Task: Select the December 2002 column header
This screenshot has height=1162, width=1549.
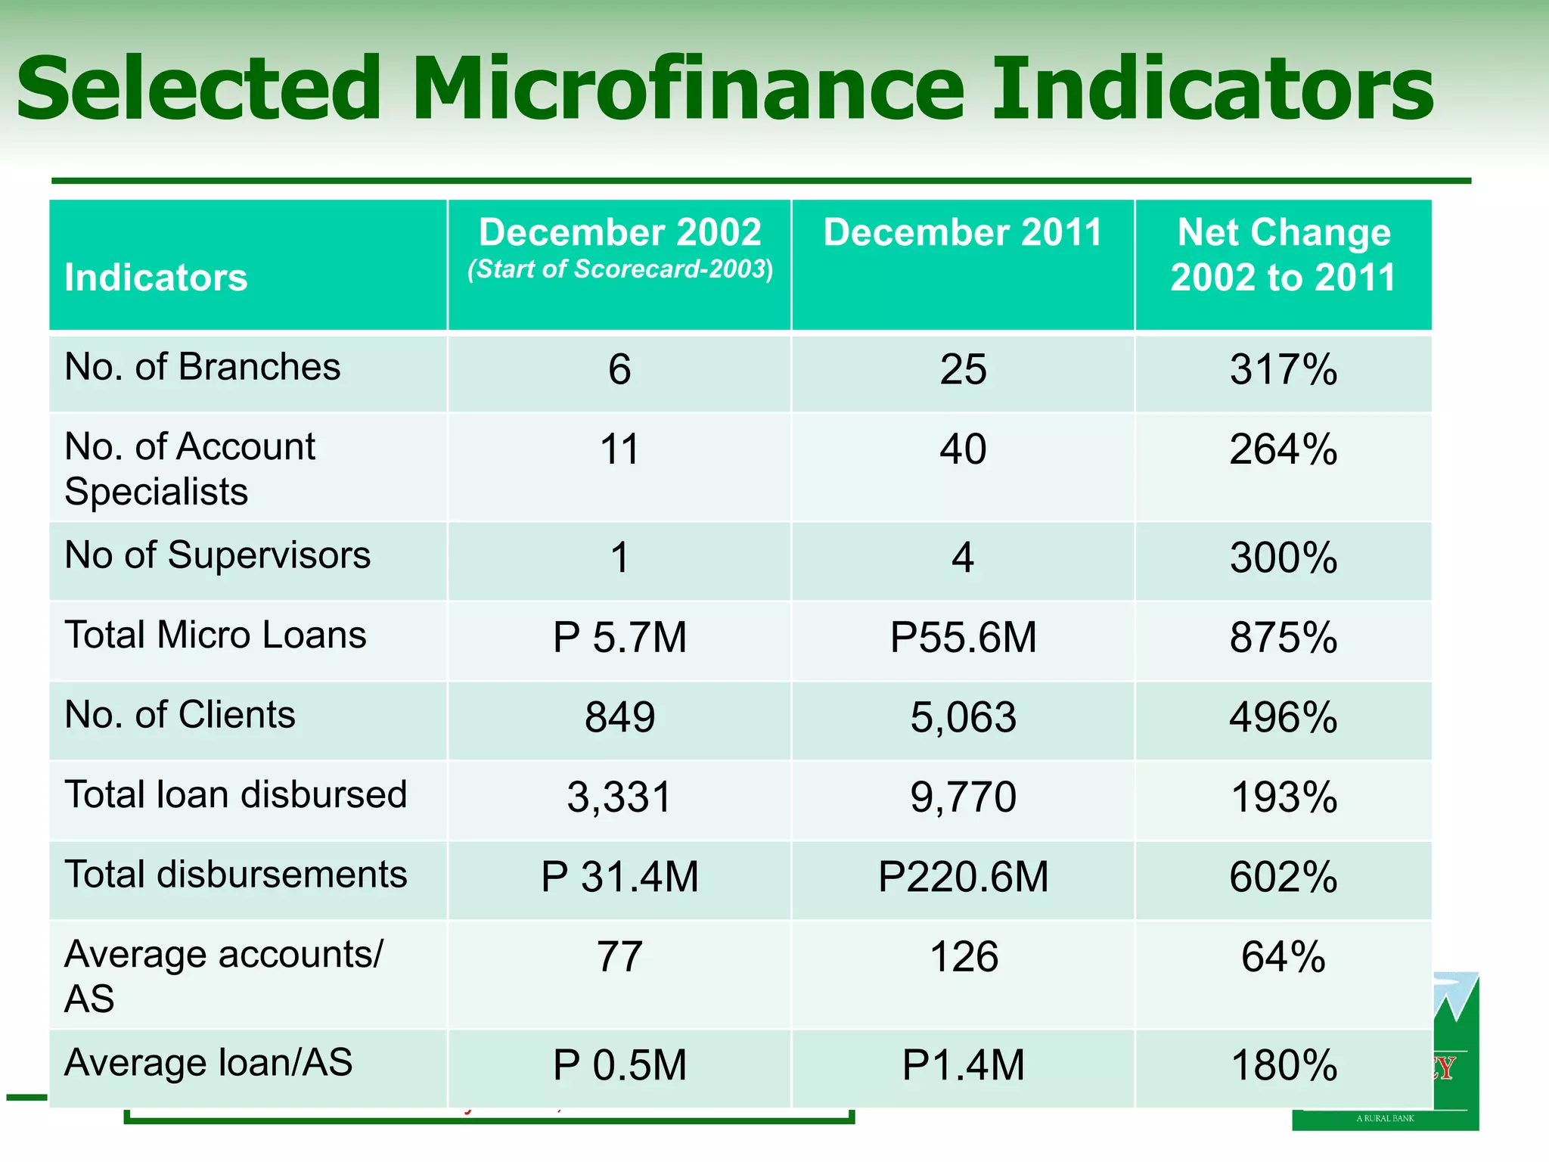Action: pyautogui.click(x=619, y=232)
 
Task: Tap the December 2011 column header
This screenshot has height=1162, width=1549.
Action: pyautogui.click(x=963, y=232)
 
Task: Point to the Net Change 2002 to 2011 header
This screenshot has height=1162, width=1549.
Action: pyautogui.click(x=1284, y=254)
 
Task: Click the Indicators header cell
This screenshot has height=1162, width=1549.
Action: pyautogui.click(x=156, y=278)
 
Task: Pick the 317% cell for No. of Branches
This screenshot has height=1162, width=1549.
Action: pyautogui.click(x=1284, y=370)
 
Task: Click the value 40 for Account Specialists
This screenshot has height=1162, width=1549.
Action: pyautogui.click(x=963, y=449)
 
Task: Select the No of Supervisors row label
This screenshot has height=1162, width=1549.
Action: pyautogui.click(x=218, y=555)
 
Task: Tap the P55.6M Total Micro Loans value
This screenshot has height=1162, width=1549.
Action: pyautogui.click(x=963, y=637)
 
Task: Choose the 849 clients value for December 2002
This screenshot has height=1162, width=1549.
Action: pyautogui.click(x=619, y=717)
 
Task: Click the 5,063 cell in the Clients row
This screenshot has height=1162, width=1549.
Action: pyautogui.click(x=963, y=717)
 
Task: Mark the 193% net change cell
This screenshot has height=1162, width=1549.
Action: pyautogui.click(x=1284, y=797)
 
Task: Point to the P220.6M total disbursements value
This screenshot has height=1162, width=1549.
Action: pyautogui.click(x=963, y=877)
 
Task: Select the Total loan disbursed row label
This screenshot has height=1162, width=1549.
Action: pyautogui.click(x=236, y=795)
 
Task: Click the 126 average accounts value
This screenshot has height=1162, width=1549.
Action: pyautogui.click(x=963, y=957)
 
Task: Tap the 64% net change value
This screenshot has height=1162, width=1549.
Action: pyautogui.click(x=1284, y=957)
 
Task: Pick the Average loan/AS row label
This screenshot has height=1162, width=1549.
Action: pyautogui.click(x=209, y=1063)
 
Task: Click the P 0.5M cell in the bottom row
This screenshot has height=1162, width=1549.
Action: pyautogui.click(x=619, y=1065)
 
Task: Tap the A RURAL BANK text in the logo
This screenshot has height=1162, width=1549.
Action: pyautogui.click(x=1385, y=1118)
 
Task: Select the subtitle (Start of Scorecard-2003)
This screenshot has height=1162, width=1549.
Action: pyautogui.click(x=619, y=269)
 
